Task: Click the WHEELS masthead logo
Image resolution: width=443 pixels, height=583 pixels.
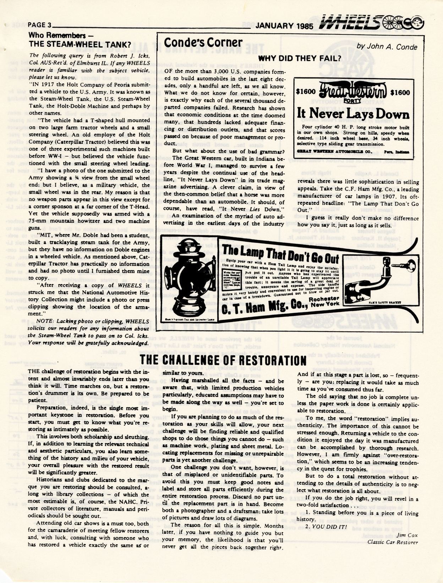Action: click(x=371, y=23)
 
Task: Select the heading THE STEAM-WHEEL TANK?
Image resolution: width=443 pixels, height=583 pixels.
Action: click(x=80, y=44)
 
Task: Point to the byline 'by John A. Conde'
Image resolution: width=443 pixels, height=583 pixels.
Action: click(x=387, y=46)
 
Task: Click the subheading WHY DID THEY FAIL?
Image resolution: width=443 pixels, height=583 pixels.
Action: click(x=299, y=58)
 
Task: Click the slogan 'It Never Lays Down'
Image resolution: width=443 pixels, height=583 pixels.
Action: click(x=353, y=114)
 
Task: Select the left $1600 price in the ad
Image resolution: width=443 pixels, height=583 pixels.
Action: click(x=306, y=92)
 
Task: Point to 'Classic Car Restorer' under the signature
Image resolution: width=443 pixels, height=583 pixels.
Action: click(x=393, y=542)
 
